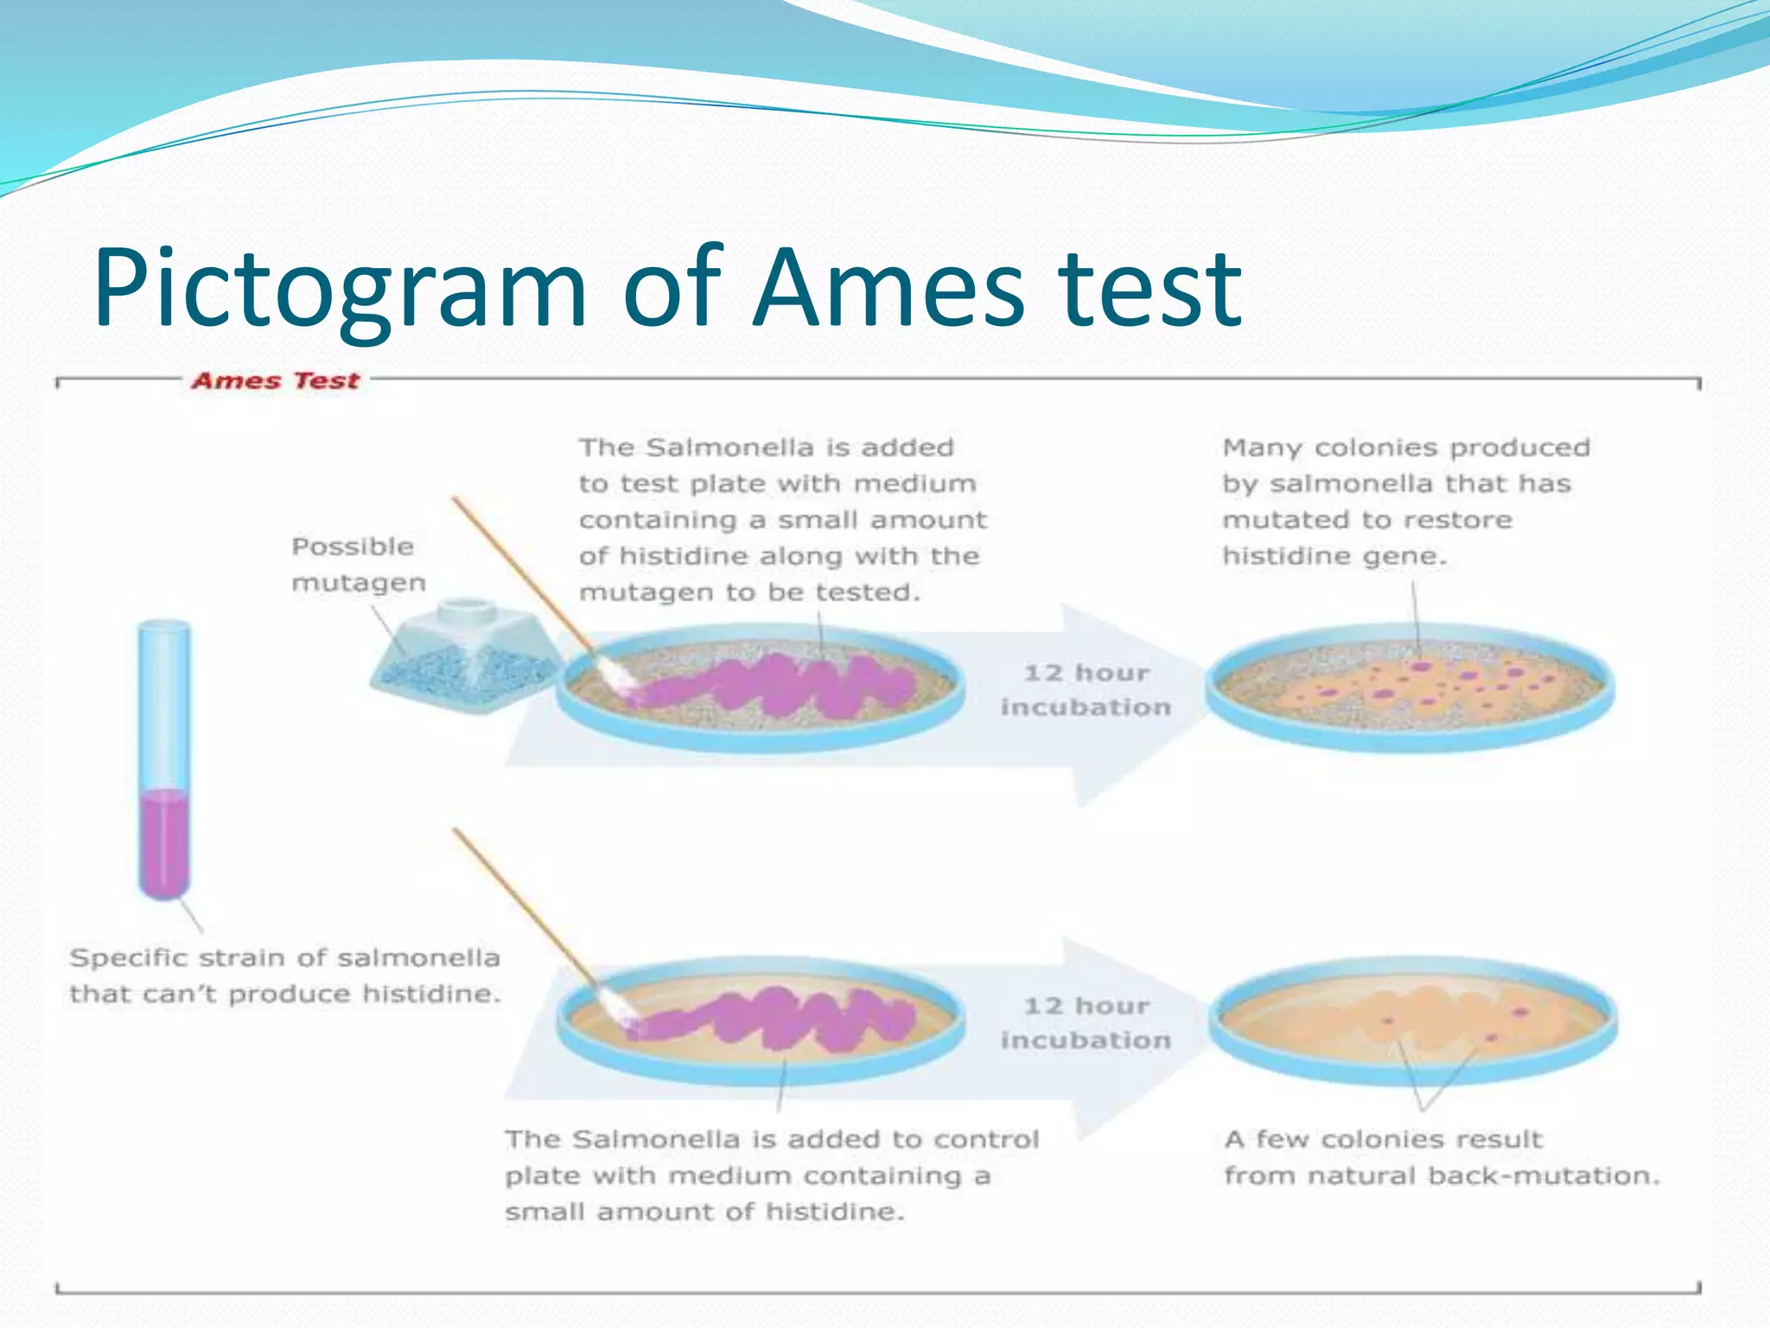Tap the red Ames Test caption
tap(275, 381)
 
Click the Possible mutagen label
tap(357, 564)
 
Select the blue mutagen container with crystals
tap(463, 661)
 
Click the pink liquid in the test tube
tap(164, 843)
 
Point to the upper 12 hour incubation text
tap(1086, 690)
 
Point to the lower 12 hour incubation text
tap(1086, 1023)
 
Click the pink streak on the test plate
tap(778, 687)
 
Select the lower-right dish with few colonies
tap(1413, 1020)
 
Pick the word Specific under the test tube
tap(130, 958)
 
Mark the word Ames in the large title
tap(890, 290)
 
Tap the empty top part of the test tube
tap(164, 700)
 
